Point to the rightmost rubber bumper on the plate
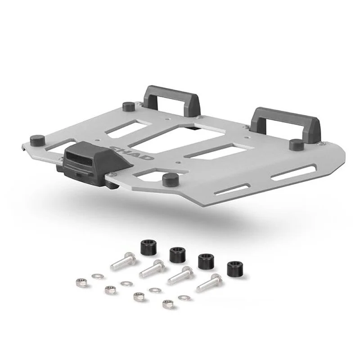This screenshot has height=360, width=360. pos(297,144)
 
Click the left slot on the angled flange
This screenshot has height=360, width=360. pos(232,189)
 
